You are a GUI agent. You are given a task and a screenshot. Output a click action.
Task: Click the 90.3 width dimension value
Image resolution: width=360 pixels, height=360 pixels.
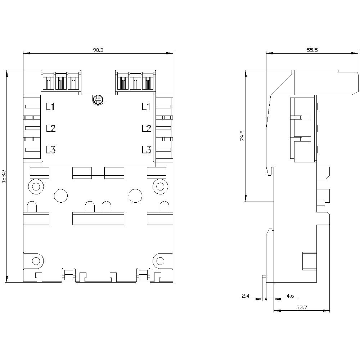coord(98,50)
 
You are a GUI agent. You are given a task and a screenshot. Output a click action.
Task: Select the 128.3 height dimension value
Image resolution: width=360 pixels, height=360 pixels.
coord(4,176)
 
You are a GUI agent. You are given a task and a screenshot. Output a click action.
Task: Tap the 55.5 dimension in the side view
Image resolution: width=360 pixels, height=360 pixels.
coord(312,50)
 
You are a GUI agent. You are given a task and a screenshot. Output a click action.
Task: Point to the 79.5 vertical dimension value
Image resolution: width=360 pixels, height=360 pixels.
coord(242,136)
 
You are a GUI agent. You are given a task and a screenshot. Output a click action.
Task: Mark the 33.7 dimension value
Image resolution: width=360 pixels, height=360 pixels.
coord(302,308)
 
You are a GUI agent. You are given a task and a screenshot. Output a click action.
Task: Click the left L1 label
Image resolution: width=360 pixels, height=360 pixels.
coord(50,107)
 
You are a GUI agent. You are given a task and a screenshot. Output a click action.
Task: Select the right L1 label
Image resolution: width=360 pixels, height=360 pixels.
coord(146,107)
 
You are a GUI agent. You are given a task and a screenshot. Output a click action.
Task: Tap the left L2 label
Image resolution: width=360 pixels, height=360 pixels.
coord(50,128)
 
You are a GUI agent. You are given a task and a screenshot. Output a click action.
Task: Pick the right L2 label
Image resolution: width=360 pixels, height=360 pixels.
coord(146,128)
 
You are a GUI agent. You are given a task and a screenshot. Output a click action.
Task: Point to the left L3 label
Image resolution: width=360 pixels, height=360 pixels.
coord(50,150)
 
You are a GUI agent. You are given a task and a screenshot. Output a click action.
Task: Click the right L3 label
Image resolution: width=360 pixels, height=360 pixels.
coord(146,150)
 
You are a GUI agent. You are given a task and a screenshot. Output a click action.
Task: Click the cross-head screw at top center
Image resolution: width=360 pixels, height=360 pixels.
coord(98,100)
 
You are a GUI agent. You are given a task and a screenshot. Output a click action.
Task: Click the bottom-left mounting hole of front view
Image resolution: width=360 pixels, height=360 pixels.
coord(36,261)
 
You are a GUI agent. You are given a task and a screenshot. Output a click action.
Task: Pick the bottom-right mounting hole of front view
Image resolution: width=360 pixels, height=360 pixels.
coord(160,261)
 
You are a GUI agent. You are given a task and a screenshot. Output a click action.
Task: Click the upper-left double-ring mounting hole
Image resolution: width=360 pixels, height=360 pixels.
coord(36,186)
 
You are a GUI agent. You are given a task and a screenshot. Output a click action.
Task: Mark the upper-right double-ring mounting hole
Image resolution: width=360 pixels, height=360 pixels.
coord(160,186)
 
